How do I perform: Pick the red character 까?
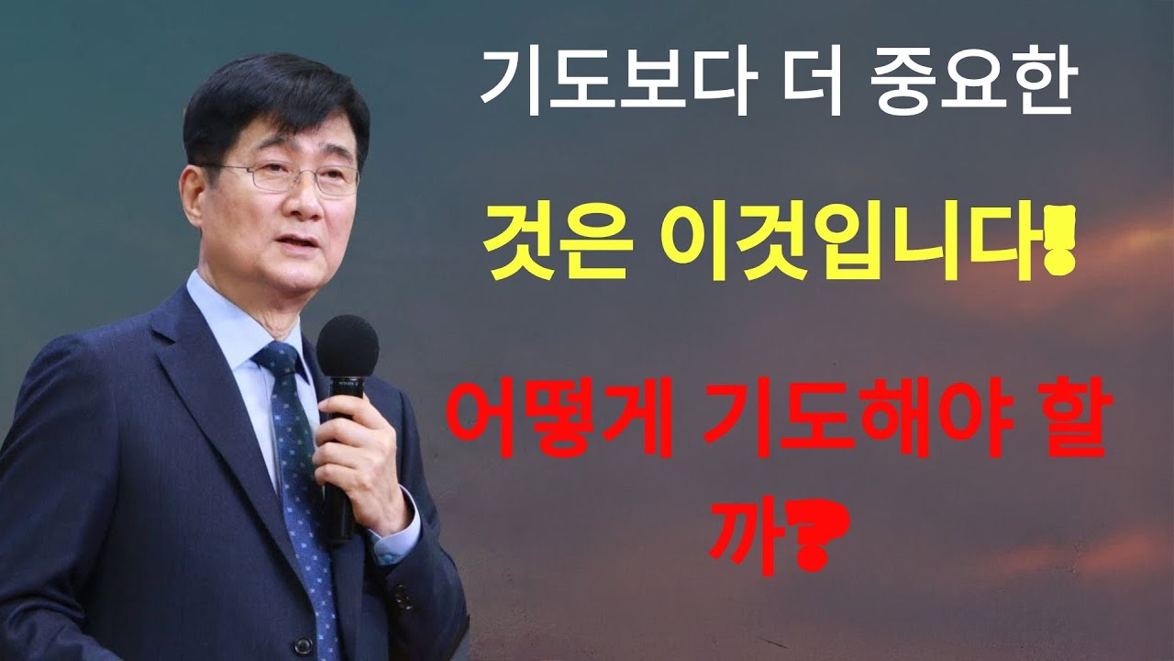point(741,538)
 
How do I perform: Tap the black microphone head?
point(348,347)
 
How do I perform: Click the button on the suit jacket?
point(401,596)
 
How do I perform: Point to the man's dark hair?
point(266,96)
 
